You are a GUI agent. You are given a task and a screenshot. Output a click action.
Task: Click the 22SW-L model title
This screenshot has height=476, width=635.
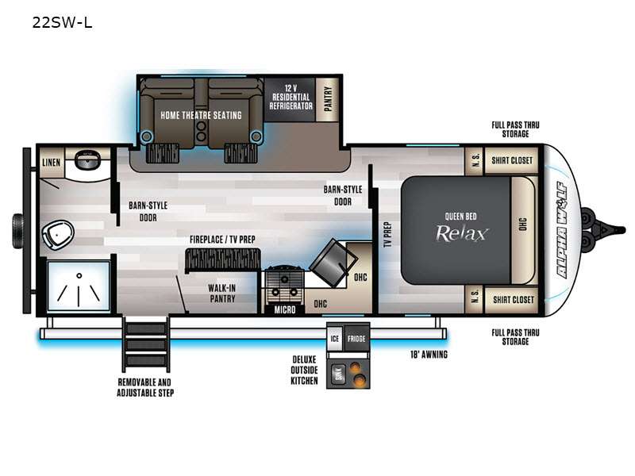coord(63,22)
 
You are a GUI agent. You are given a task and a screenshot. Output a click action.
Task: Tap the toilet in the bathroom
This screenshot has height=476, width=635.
coord(58,234)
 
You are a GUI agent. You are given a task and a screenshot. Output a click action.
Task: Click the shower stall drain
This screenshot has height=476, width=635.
coord(79,275)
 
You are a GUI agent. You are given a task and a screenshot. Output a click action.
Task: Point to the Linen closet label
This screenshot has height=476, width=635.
coord(52,163)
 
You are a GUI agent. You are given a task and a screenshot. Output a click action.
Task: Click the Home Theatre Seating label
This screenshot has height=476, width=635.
coord(201,115)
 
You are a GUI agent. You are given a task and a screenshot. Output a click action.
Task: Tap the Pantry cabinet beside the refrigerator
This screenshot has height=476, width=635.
coord(328,99)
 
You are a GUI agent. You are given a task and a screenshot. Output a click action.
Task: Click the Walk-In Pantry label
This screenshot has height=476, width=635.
coord(222,293)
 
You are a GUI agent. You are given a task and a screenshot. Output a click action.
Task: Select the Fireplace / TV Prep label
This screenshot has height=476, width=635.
coord(223,240)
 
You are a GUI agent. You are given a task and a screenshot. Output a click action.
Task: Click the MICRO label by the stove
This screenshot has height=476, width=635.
coord(285,309)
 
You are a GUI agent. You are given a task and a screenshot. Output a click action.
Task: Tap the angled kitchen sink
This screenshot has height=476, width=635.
coord(333,263)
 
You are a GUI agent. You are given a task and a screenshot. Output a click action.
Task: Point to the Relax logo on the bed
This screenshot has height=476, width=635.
coord(461,233)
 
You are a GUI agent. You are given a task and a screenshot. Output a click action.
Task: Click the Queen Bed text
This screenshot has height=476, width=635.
coord(461,216)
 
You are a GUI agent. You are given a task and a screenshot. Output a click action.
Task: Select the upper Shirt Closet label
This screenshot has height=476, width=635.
coord(512,160)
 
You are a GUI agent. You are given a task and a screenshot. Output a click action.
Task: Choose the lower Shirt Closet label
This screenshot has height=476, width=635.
coord(513,300)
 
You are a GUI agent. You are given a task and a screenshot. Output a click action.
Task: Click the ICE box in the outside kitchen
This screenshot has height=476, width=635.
coord(335,338)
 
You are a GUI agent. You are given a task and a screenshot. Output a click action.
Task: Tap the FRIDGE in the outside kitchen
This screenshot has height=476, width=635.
coord(356,338)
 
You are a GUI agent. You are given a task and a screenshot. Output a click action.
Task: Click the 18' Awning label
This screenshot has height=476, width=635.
coord(429,355)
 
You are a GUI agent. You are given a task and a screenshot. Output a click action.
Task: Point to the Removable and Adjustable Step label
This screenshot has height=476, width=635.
coord(145,387)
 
